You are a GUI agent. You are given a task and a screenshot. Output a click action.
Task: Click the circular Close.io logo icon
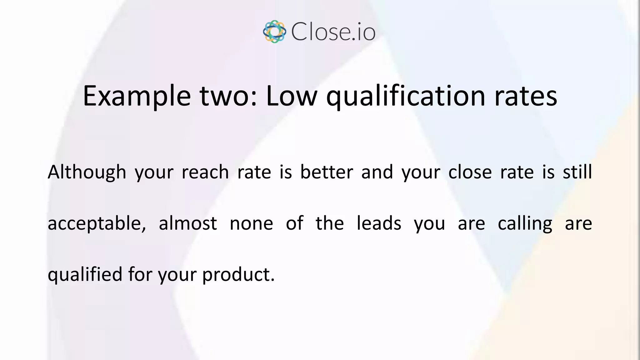click(274, 32)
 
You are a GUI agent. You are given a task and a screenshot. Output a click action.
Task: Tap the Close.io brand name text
click(333, 32)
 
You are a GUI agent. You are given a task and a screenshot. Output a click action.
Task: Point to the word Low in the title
click(292, 96)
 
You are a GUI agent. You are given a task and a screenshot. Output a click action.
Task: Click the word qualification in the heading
click(406, 96)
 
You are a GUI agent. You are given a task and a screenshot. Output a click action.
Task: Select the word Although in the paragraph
click(87, 172)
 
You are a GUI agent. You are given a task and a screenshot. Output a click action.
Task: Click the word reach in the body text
click(205, 172)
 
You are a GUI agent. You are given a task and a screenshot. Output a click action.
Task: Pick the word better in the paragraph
click(327, 172)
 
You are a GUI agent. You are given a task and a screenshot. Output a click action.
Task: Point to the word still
click(577, 172)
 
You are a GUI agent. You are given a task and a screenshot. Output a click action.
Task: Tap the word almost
click(188, 223)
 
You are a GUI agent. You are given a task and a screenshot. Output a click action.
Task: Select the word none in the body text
click(251, 223)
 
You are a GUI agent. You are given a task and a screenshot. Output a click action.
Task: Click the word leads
click(379, 223)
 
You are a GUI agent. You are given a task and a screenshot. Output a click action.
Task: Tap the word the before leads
click(330, 223)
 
